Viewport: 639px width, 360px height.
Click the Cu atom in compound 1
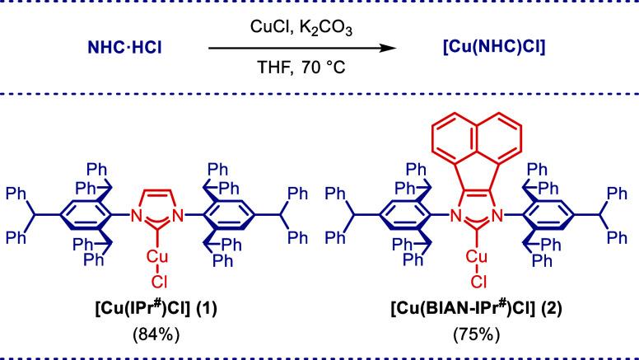(x=157, y=258)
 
